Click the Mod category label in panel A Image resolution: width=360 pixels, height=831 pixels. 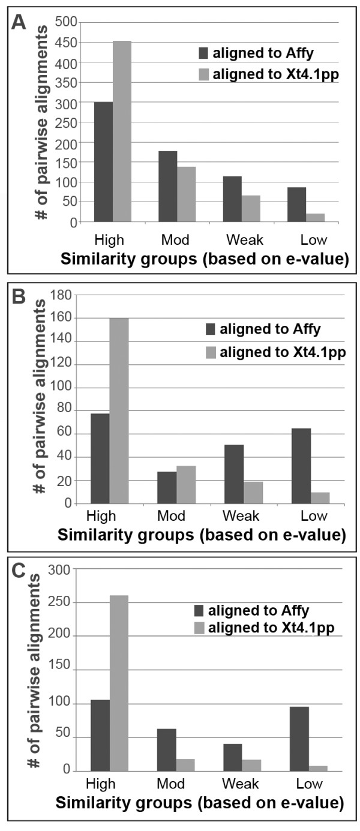tap(175, 241)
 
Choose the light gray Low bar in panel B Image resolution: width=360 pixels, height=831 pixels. tap(320, 498)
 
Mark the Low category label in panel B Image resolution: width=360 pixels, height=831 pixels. tap(310, 517)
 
